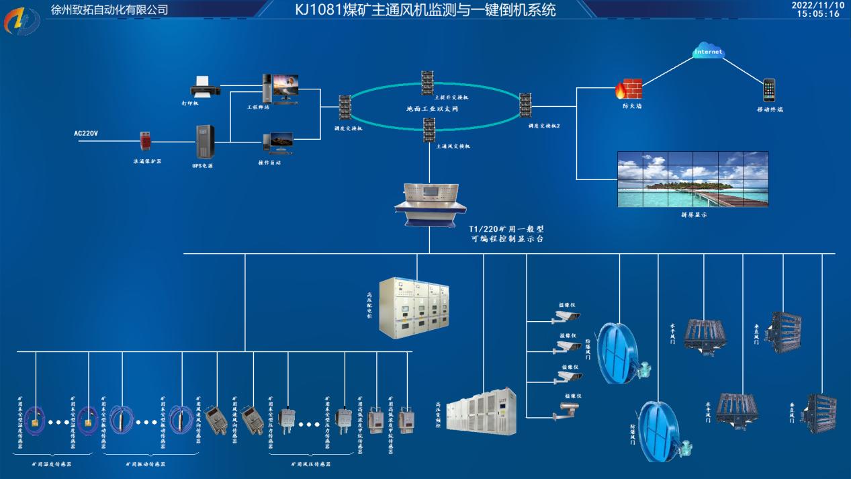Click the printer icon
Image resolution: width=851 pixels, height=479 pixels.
pos(203,87)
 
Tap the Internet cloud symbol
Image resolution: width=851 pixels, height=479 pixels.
pos(709,51)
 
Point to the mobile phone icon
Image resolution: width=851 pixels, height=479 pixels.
pos(769,90)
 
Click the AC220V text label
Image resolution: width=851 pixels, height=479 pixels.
pos(86,134)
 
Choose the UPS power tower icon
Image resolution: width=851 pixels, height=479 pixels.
pos(204,142)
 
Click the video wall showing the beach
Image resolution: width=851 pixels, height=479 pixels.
pos(692,179)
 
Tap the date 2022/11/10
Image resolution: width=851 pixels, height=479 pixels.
pos(817,5)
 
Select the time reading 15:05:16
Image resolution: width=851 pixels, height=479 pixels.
pos(817,14)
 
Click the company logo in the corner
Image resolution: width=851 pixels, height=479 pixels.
pos(22,21)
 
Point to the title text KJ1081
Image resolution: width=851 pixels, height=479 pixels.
pos(425,10)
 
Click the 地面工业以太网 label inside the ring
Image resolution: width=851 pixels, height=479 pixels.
pos(432,108)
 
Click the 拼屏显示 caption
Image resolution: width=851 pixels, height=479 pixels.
pos(693,215)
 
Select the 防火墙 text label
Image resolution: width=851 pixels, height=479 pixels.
pos(631,106)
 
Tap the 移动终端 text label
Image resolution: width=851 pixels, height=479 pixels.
pos(769,109)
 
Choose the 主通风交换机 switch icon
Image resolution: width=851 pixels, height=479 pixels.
pos(429,129)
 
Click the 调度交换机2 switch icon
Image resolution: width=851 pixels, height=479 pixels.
pos(525,106)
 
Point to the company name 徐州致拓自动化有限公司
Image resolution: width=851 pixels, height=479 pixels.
pos(109,9)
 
